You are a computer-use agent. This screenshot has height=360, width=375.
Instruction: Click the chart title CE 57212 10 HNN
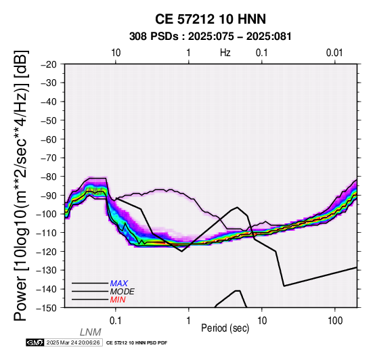coord(211,19)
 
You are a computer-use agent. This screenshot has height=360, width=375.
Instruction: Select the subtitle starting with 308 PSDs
coord(211,37)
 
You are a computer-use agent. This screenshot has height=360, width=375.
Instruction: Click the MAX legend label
coord(119,284)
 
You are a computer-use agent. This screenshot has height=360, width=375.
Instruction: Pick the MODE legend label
coord(123,292)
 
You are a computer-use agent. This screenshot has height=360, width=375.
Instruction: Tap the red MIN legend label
coord(118,300)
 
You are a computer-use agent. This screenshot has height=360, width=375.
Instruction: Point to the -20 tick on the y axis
coord(49,64)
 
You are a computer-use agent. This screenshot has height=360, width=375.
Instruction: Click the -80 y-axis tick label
coord(49,177)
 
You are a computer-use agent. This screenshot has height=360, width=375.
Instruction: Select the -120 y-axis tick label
coord(47,252)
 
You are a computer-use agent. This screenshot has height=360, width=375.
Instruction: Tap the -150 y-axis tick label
coord(47,308)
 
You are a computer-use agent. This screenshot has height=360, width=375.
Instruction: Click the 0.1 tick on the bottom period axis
coord(116,321)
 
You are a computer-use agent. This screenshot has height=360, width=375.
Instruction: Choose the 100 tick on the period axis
coord(335,321)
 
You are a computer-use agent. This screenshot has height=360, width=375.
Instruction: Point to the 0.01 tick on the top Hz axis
coord(334,53)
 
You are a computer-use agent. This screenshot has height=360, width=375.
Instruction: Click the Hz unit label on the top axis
coord(225,53)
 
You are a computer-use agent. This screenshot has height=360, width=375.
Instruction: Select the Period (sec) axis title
coord(225,328)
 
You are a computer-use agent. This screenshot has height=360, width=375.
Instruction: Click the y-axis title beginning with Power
coord(21,186)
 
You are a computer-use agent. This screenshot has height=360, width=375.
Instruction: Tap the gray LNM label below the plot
coord(91,332)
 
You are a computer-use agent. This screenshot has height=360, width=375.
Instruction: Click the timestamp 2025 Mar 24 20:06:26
coord(73,342)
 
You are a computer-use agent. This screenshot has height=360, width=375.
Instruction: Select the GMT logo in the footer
coord(35,342)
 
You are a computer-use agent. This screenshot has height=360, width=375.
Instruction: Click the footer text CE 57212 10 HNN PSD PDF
coord(137,343)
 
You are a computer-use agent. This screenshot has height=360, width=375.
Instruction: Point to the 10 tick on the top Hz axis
coord(116,53)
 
